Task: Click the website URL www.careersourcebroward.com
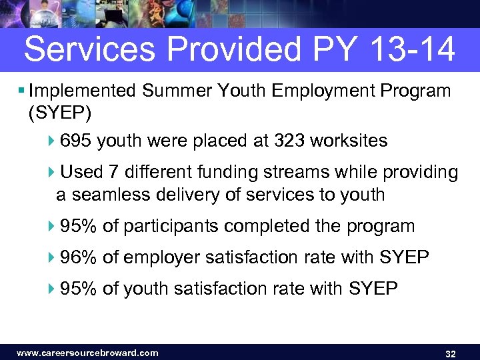coord(87,353)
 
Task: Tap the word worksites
coord(349,141)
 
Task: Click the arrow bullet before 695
coord(53,142)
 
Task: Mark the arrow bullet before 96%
coord(53,258)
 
